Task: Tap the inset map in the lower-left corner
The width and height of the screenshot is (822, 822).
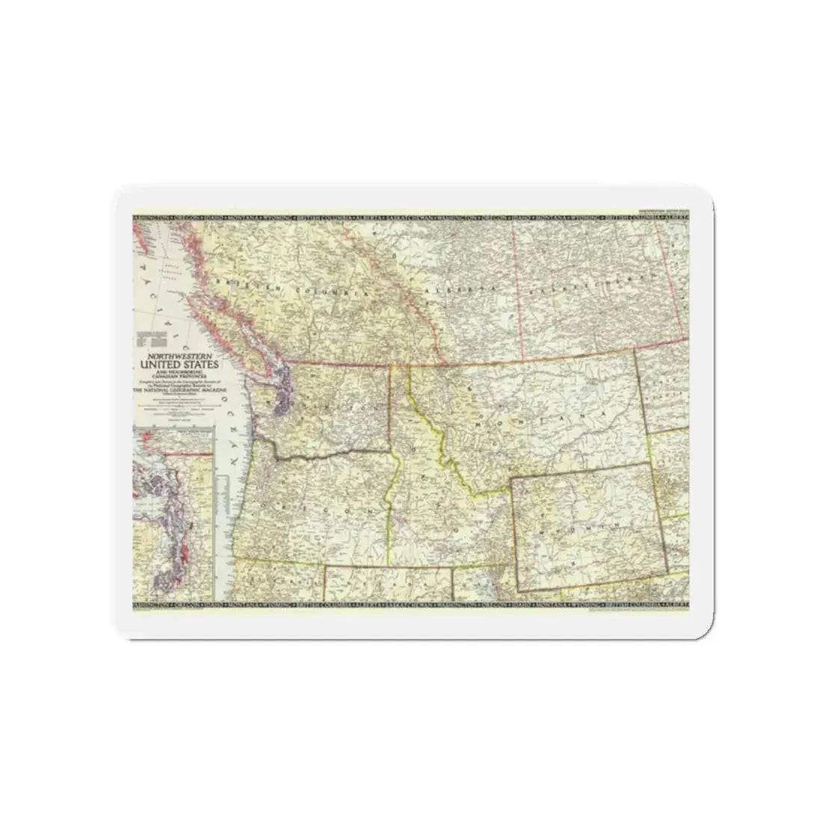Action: click(x=173, y=516)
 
